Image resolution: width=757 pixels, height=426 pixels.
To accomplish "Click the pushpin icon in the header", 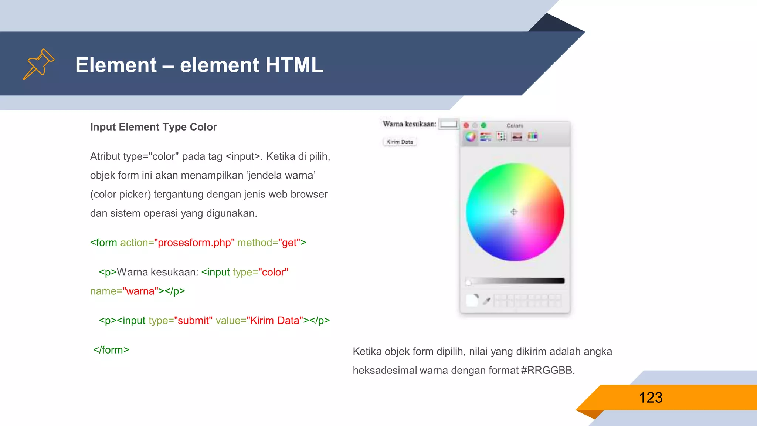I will (38, 64).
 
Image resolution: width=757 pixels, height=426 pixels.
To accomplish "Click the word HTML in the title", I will (294, 65).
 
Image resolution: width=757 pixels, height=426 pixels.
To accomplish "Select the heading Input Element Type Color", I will (153, 127).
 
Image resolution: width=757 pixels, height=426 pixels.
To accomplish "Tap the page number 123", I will (651, 398).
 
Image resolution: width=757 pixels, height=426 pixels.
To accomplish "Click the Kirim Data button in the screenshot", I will (400, 142).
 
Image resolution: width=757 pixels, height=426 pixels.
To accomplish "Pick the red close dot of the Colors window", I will (466, 126).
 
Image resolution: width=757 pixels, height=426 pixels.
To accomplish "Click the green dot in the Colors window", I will (483, 126).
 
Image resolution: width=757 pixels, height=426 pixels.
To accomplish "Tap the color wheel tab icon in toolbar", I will (470, 137).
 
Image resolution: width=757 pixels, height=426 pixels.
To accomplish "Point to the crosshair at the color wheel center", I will (514, 212).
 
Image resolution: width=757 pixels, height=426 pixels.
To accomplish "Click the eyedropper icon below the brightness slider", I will (487, 301).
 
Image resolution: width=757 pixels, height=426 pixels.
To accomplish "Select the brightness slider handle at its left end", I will (469, 282).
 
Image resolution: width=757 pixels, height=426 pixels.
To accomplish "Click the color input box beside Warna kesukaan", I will (449, 124).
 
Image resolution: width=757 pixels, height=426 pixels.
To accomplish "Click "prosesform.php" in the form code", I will (194, 243).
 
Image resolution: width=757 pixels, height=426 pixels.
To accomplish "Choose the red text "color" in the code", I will (273, 272).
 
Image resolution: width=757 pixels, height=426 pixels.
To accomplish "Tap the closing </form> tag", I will (111, 350).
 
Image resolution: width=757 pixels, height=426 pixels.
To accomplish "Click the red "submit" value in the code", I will (193, 320).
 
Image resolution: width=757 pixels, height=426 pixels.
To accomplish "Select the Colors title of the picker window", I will (515, 126).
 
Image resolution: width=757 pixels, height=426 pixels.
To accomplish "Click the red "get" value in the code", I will (289, 243).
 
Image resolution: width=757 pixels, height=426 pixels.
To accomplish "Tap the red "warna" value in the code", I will (140, 291).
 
